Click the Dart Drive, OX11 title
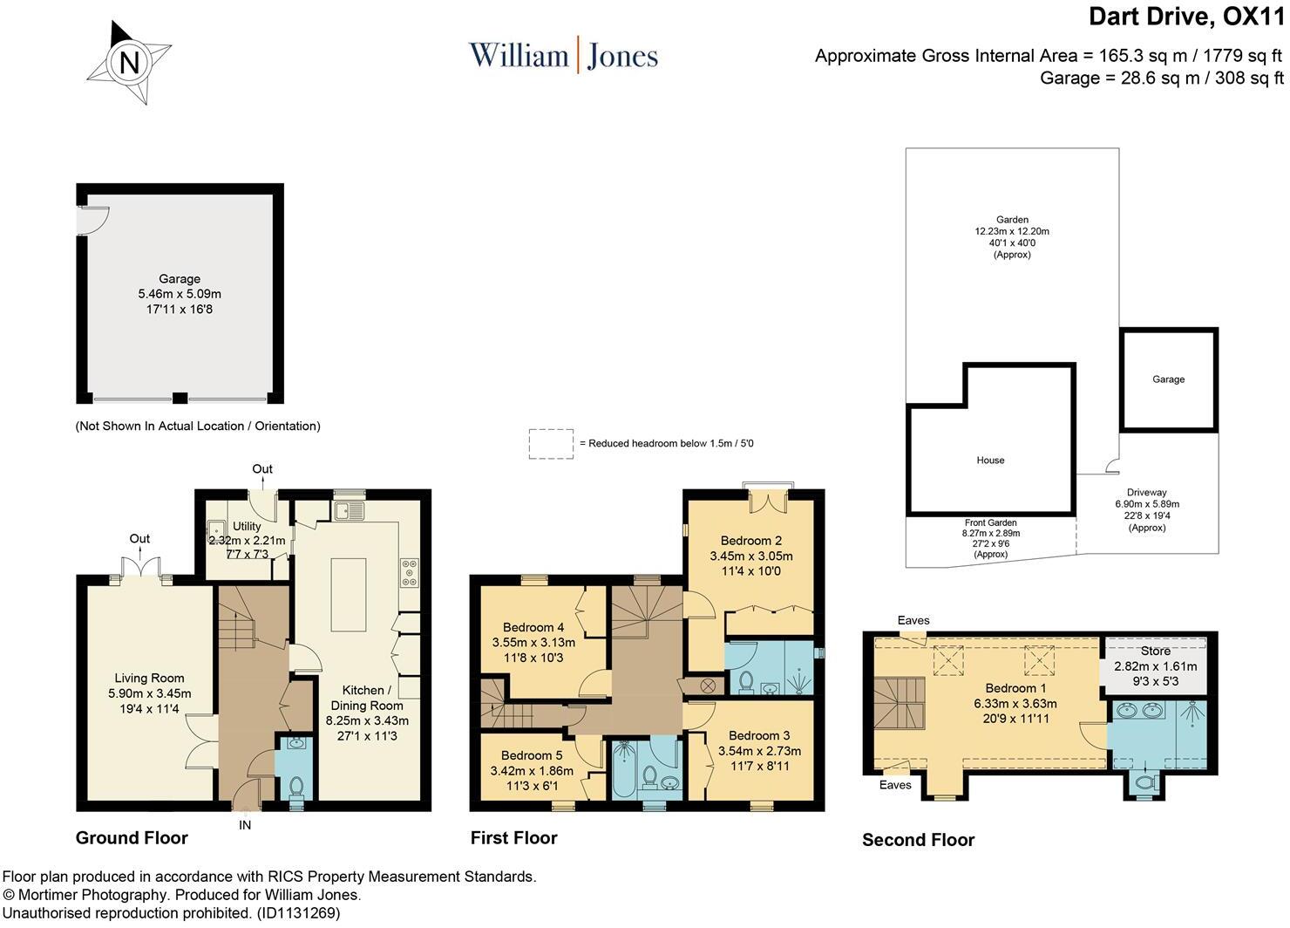coord(1186,17)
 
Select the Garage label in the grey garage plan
coord(180,279)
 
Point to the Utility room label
coord(247,526)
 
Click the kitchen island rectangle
coord(349,594)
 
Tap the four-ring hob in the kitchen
coord(410,573)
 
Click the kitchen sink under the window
coord(349,510)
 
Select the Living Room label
coord(149,679)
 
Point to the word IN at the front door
coord(245,825)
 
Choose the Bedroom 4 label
coord(533,628)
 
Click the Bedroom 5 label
coord(532,755)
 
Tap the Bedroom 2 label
coord(751,541)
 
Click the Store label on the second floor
coord(1155,652)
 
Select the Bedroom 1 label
coord(1015,688)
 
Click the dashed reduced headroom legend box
coord(551,444)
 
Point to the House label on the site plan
coord(990,461)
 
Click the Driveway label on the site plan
coord(1146,493)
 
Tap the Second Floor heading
coord(918,841)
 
